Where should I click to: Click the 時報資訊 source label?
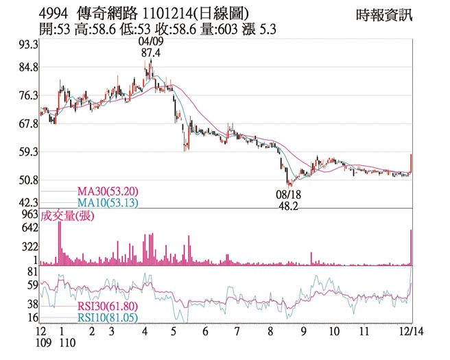pyautogui.click(x=385, y=14)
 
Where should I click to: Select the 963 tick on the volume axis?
pyautogui.click(x=29, y=214)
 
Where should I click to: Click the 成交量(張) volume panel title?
pyautogui.click(x=67, y=217)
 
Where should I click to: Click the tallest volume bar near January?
pyautogui.click(x=60, y=243)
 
